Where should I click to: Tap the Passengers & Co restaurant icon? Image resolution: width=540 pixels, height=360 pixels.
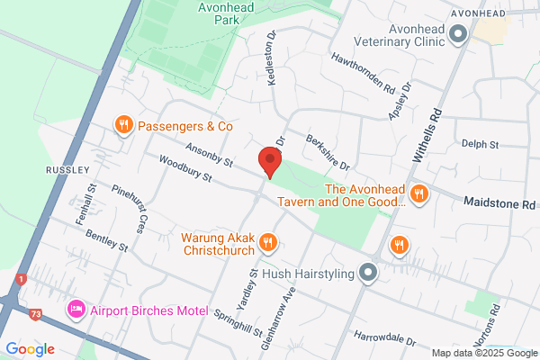124,125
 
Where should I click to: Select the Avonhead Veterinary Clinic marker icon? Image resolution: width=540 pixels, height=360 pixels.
457,35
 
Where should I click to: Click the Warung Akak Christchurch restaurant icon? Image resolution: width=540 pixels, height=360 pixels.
267,242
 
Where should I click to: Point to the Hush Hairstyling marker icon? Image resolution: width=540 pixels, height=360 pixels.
367,272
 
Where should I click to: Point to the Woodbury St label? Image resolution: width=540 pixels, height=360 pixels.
184,170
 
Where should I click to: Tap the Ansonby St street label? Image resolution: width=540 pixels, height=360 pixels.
209,157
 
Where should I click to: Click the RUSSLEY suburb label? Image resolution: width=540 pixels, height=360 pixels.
67,169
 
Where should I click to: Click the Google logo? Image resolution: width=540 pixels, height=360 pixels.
30,349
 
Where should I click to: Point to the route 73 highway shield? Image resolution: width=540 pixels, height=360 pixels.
35,314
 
